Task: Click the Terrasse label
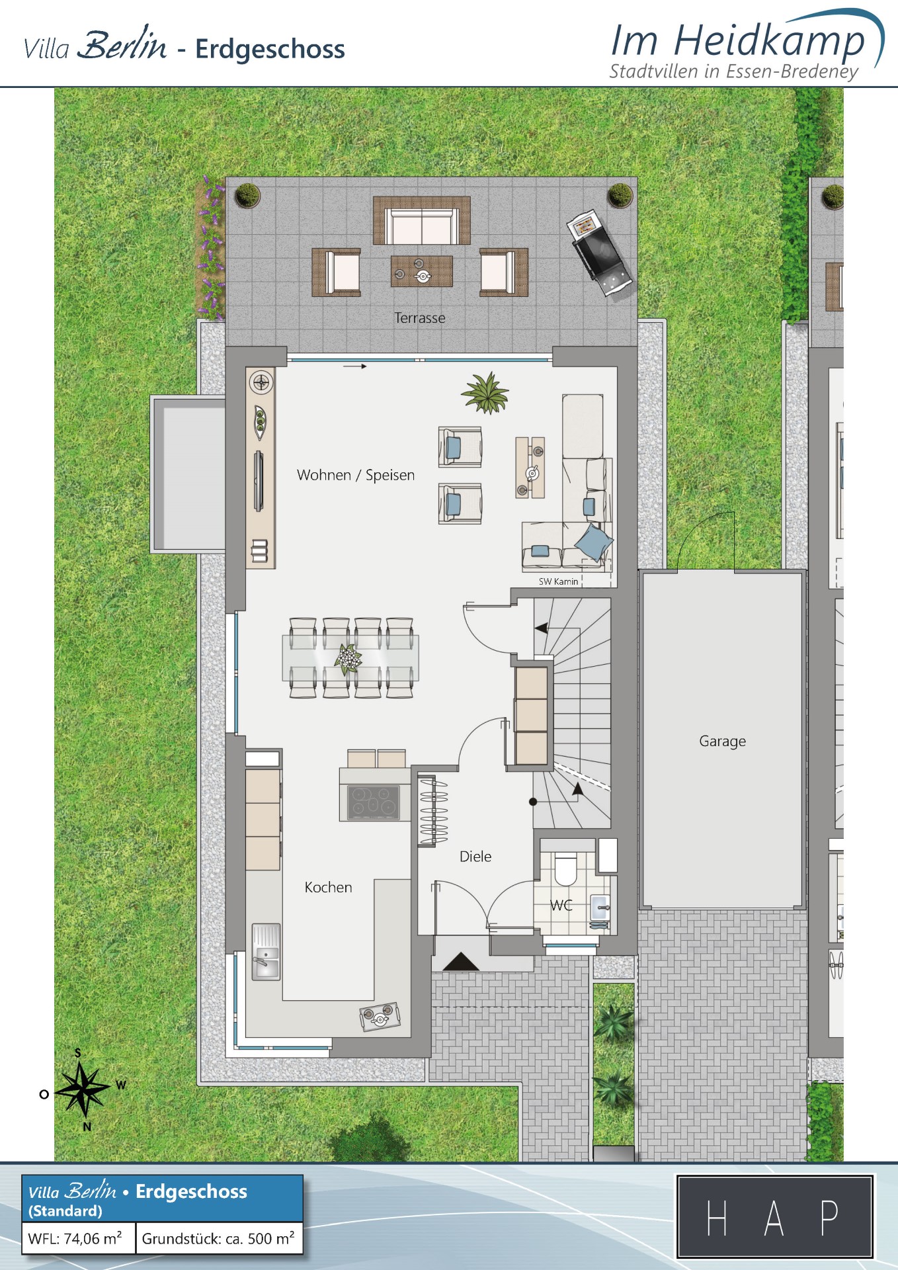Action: (x=420, y=318)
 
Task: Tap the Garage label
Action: (x=722, y=741)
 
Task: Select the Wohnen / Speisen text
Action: (x=356, y=475)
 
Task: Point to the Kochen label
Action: (x=328, y=888)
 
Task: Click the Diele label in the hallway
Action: (x=475, y=857)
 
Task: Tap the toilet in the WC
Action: (x=565, y=868)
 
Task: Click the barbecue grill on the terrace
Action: (x=598, y=255)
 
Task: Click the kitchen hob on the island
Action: (x=374, y=802)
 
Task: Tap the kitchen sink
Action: (x=266, y=952)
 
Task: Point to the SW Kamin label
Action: (x=558, y=581)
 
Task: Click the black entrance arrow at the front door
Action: (x=460, y=962)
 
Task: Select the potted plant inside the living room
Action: (x=486, y=393)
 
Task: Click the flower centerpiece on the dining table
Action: (x=348, y=659)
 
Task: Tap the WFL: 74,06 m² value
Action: (x=75, y=1238)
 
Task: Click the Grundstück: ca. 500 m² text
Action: (x=218, y=1238)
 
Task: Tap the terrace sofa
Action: (x=422, y=221)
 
